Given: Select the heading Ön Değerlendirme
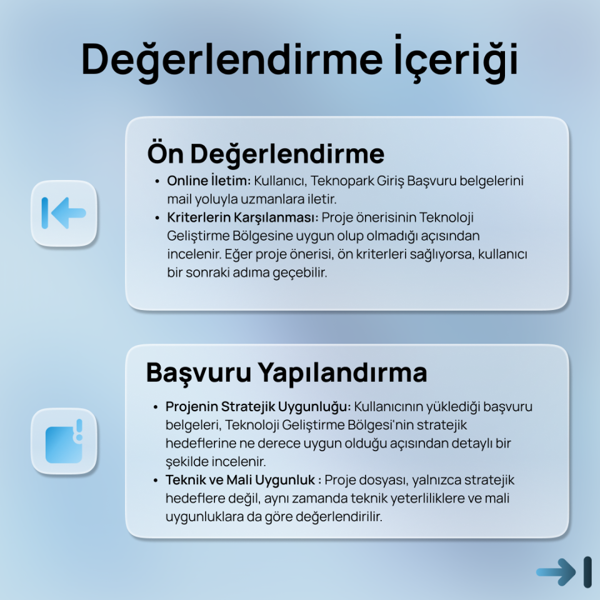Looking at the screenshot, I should coord(266,153).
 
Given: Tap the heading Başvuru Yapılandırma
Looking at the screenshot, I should coord(286,372).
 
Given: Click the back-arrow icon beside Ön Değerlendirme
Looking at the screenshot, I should coord(64,212).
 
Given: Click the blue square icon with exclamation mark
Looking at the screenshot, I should coord(64,441).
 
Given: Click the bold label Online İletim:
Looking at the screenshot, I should coord(208,181).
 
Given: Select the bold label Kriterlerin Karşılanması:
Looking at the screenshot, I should coord(243,218).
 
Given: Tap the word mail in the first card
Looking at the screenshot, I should coord(179,200).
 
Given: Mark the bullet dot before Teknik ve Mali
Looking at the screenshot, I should coord(156,481).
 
